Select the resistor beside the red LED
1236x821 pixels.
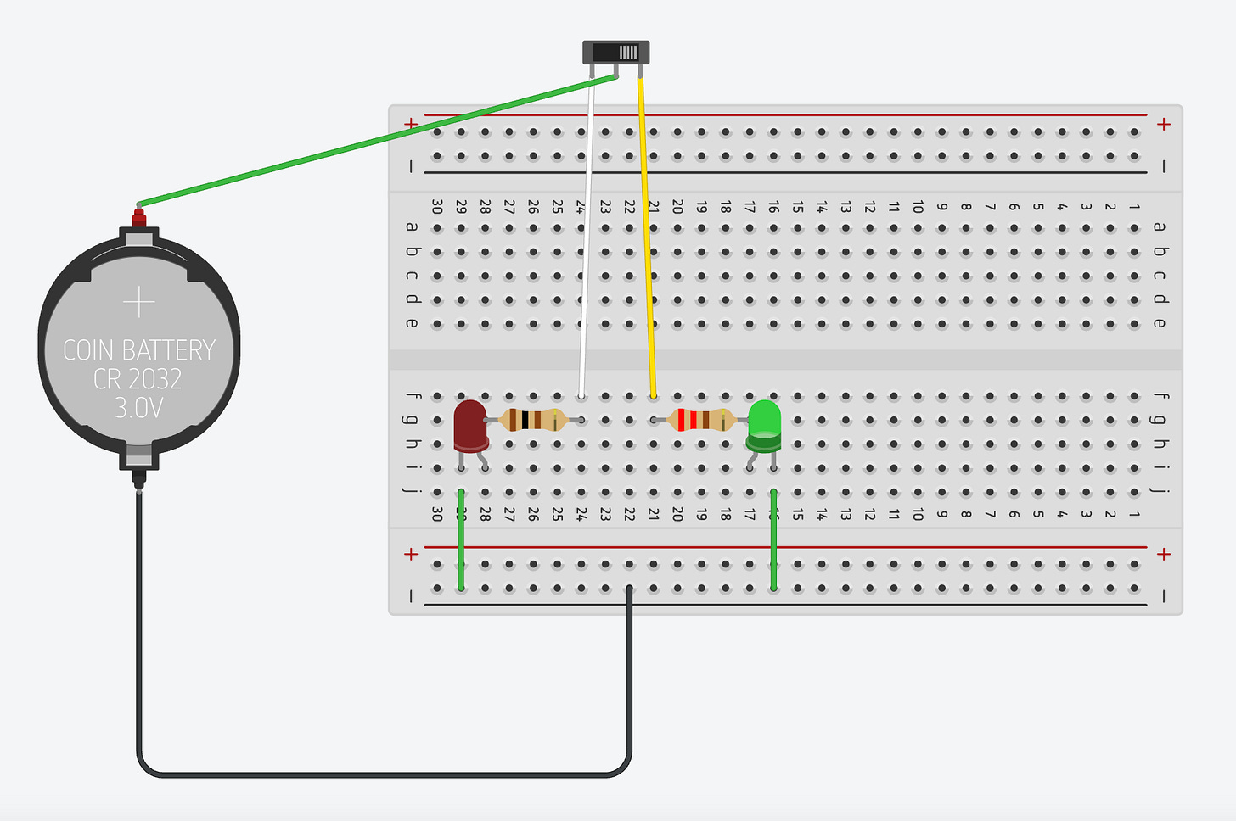pyautogui.click(x=532, y=420)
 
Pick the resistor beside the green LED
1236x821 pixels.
pyautogui.click(x=701, y=420)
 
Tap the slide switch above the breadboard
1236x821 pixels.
pyautogui.click(x=616, y=53)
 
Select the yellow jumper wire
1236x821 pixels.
pyautogui.click(x=647, y=237)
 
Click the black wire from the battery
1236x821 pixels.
pyautogui.click(x=382, y=774)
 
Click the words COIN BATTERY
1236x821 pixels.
pyautogui.click(x=139, y=350)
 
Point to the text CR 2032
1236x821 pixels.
pyautogui.click(x=138, y=379)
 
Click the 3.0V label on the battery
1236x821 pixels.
pyautogui.click(x=138, y=408)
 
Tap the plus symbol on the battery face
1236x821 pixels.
pyautogui.click(x=138, y=302)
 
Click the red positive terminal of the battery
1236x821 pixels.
pyautogui.click(x=138, y=218)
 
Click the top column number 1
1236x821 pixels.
pyautogui.click(x=1134, y=207)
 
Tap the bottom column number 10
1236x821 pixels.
pyautogui.click(x=918, y=514)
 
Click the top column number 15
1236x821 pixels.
pyautogui.click(x=798, y=207)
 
